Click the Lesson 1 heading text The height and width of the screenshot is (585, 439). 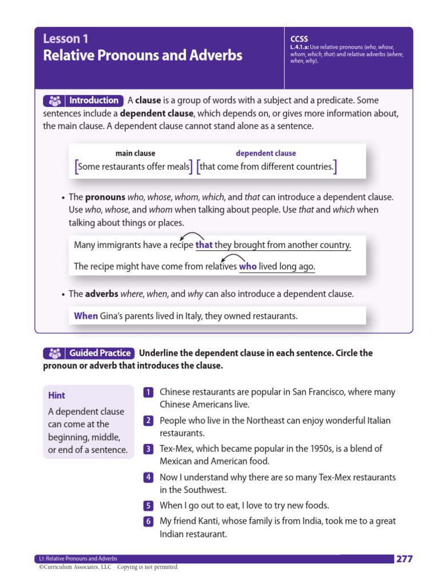click(x=65, y=39)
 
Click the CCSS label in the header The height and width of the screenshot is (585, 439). click(x=299, y=39)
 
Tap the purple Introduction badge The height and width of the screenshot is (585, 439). click(x=83, y=101)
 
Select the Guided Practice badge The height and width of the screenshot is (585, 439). click(x=89, y=353)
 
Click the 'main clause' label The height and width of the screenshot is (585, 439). click(x=135, y=153)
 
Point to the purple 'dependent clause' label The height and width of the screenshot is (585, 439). click(x=266, y=153)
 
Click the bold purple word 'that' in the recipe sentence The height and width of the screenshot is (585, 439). click(x=204, y=245)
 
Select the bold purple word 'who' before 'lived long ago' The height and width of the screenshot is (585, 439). click(x=248, y=267)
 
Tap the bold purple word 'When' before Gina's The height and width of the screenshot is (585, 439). click(x=86, y=315)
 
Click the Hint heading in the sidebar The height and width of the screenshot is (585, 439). click(x=57, y=395)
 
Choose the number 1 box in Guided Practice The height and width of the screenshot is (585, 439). click(x=148, y=392)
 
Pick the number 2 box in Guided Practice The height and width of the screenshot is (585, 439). click(x=148, y=421)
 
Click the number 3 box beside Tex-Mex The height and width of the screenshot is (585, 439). click(x=148, y=449)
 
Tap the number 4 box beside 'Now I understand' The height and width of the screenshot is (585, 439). click(x=148, y=477)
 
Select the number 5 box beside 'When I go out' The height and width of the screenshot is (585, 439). click(x=148, y=506)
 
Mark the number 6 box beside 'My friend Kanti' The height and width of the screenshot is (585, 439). click(x=148, y=522)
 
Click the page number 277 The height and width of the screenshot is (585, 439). click(x=404, y=559)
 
